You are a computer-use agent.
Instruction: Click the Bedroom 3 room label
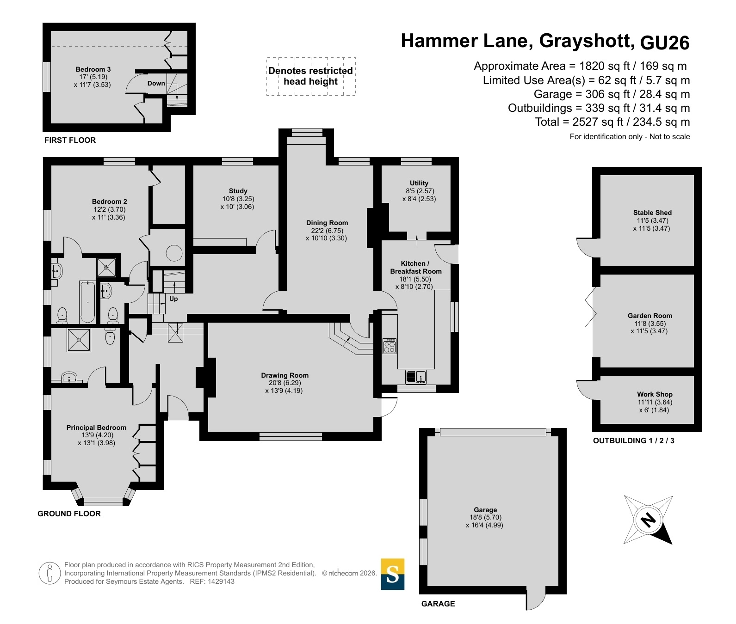pyautogui.click(x=93, y=69)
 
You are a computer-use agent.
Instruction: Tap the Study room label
pyautogui.click(x=238, y=191)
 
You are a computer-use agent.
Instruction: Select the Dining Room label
pyautogui.click(x=327, y=223)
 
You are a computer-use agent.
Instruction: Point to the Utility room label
pyautogui.click(x=419, y=183)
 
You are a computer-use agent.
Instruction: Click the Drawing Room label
pyautogui.click(x=285, y=375)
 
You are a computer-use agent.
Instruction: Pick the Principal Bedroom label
pyautogui.click(x=96, y=428)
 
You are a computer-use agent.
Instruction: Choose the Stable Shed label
pyautogui.click(x=652, y=213)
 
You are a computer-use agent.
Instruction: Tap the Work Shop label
pyautogui.click(x=655, y=394)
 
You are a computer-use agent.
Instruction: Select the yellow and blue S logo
pyautogui.click(x=393, y=574)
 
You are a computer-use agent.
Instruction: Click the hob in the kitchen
pyautogui.click(x=390, y=346)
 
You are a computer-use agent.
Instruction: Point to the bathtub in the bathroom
pyautogui.click(x=87, y=302)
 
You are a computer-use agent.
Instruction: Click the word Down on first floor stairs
pyautogui.click(x=156, y=83)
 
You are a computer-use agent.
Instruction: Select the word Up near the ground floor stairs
pyautogui.click(x=173, y=299)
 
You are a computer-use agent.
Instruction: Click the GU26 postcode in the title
pyautogui.click(x=665, y=43)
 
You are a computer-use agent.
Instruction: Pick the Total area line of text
pyautogui.click(x=612, y=122)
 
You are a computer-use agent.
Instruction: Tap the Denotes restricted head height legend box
pyautogui.click(x=311, y=76)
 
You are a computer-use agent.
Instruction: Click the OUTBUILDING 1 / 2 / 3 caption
pyautogui.click(x=634, y=440)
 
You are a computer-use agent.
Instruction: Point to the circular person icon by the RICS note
pyautogui.click(x=50, y=573)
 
